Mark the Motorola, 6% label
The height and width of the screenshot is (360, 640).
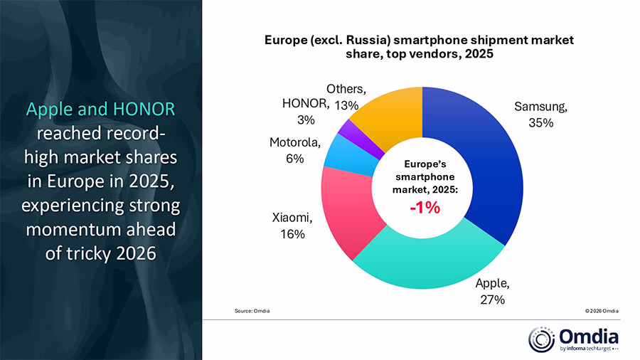(292, 151)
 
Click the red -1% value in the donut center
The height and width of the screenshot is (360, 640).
(424, 208)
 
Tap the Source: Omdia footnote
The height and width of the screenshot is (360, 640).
(252, 312)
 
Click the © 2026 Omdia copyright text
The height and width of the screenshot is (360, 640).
(601, 312)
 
